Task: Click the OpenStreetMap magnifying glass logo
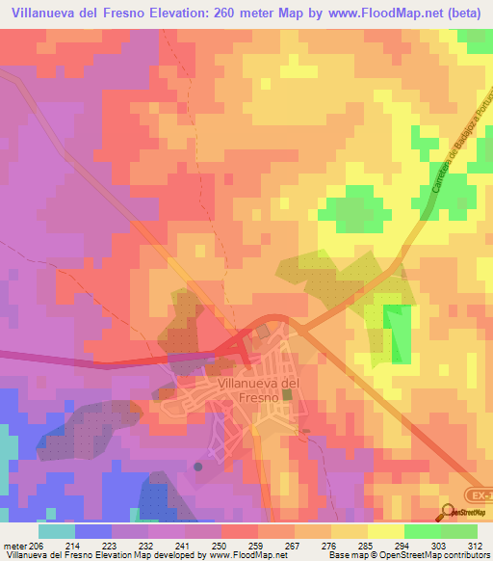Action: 448,512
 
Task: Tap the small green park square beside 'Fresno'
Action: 287,394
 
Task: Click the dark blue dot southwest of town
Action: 198,467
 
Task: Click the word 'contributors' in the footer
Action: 463,554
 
